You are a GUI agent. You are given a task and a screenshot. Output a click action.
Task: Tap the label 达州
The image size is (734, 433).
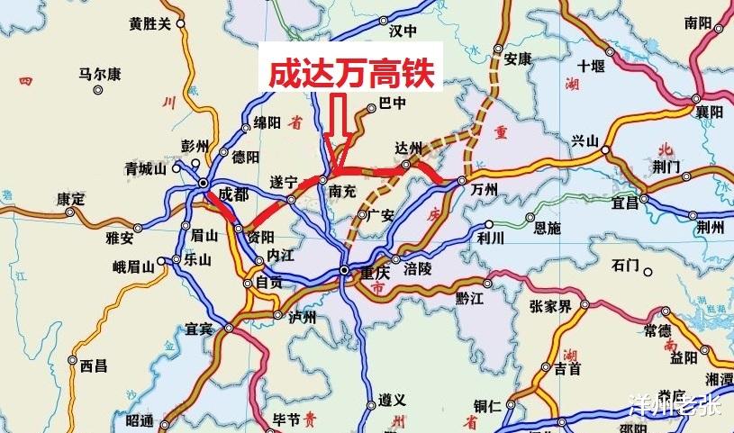click(408, 147)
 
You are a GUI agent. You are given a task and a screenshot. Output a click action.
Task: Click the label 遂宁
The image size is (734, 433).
click(284, 181)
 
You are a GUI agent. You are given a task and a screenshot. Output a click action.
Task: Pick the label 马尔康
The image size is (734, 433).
click(100, 75)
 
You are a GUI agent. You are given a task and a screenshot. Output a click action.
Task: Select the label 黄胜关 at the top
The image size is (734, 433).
click(150, 24)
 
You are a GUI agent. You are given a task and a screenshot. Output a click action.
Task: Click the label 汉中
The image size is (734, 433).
click(404, 30)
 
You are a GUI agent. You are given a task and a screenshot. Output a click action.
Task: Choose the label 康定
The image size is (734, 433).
click(70, 198)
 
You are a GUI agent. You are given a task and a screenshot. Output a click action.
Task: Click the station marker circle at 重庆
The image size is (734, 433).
click(345, 270)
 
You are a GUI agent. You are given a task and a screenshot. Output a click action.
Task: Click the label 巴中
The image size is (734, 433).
click(394, 103)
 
